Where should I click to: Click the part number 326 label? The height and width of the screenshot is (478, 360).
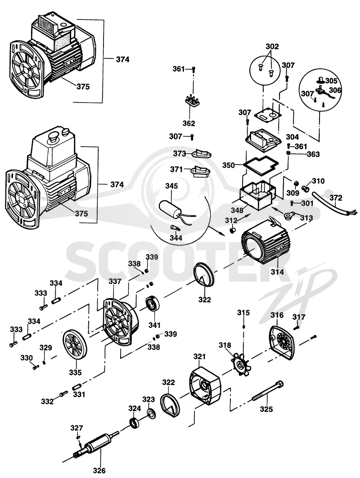99,470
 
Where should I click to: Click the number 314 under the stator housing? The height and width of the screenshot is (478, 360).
277,272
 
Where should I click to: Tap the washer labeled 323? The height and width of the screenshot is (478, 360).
151,414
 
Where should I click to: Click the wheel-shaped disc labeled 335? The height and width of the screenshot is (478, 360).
75,345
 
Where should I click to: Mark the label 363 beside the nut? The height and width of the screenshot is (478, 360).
313,154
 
